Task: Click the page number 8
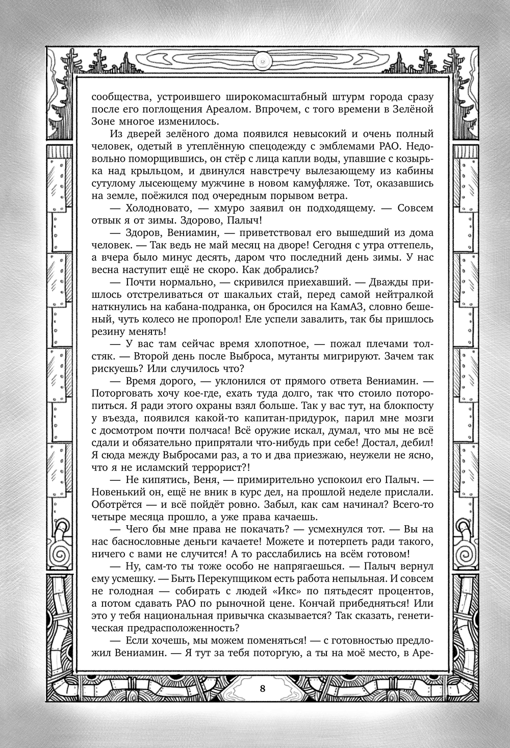point(262,688)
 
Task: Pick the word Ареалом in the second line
point(234,110)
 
